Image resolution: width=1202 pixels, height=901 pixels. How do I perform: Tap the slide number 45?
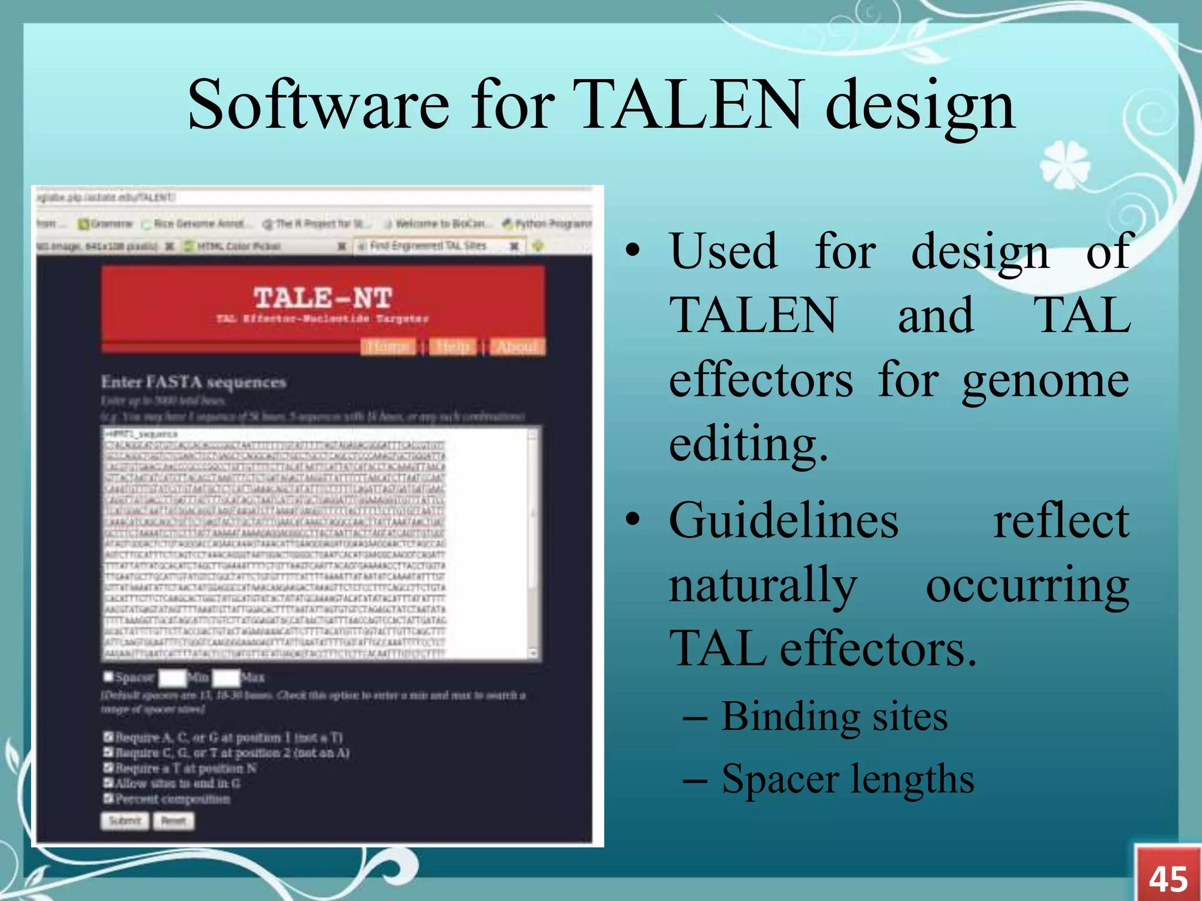pyautogui.click(x=1168, y=878)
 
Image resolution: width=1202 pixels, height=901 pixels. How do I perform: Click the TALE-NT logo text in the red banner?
pyautogui.click(x=322, y=298)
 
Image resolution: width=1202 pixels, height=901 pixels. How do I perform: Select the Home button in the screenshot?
pyautogui.click(x=389, y=347)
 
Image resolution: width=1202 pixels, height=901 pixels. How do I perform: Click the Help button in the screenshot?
pyautogui.click(x=453, y=347)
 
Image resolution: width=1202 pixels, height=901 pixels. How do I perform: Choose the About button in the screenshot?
pyautogui.click(x=517, y=347)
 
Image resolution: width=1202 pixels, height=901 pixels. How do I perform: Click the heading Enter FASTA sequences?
pyautogui.click(x=193, y=382)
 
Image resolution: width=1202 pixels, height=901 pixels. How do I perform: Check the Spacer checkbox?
pyautogui.click(x=108, y=677)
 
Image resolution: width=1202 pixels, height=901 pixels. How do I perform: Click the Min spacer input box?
pyautogui.click(x=172, y=678)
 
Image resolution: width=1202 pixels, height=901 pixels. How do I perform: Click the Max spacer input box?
pyautogui.click(x=225, y=678)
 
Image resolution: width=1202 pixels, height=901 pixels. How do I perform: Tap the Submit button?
pyautogui.click(x=124, y=821)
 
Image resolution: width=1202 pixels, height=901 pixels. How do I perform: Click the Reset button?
pyautogui.click(x=174, y=821)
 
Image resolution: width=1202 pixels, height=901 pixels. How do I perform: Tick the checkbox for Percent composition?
pyautogui.click(x=108, y=798)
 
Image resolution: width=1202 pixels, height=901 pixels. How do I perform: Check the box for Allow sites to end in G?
pyautogui.click(x=108, y=783)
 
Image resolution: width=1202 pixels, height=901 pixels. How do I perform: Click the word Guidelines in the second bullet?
pyautogui.click(x=784, y=520)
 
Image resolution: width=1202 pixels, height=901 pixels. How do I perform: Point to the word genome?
pyautogui.click(x=1045, y=381)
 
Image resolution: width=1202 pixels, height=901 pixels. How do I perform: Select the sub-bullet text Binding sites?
pyautogui.click(x=834, y=717)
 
